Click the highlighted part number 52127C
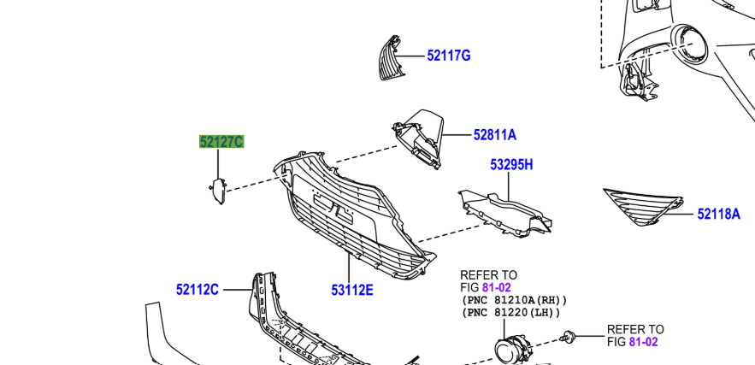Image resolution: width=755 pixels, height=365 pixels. pos(221,142)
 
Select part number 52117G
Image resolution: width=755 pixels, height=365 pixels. pos(449,56)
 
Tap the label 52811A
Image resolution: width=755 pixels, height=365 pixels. pos(495,134)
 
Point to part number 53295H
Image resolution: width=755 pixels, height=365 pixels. pos(511,165)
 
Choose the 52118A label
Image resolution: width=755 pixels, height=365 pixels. pos(718,215)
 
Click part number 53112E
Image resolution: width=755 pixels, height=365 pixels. pos(352,291)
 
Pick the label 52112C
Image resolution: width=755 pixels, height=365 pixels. pos(198,290)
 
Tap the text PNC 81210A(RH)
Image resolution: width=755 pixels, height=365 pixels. pos(514,301)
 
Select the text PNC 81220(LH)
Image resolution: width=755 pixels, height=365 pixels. pos(510,313)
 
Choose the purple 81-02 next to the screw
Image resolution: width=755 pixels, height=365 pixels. pos(644,342)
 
